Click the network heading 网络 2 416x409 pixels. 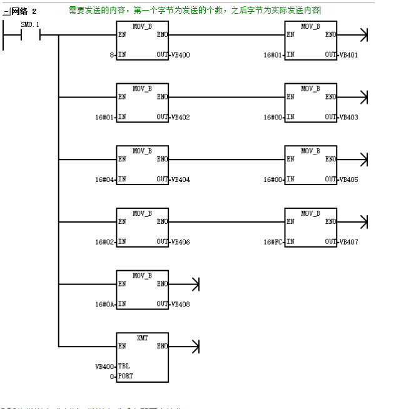(x=24, y=11)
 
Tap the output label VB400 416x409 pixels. (x=181, y=56)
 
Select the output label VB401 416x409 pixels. (x=349, y=56)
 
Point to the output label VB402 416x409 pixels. (x=181, y=117)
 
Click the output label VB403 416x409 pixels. (x=349, y=117)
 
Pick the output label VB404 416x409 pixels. (x=181, y=179)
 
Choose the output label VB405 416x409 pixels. (x=349, y=179)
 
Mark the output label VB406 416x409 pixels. (x=181, y=241)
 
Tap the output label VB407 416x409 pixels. (x=349, y=241)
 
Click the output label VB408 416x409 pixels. (x=181, y=304)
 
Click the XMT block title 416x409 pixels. (x=142, y=337)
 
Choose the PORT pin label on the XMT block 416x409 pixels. (x=127, y=376)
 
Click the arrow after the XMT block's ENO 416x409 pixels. (x=195, y=346)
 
